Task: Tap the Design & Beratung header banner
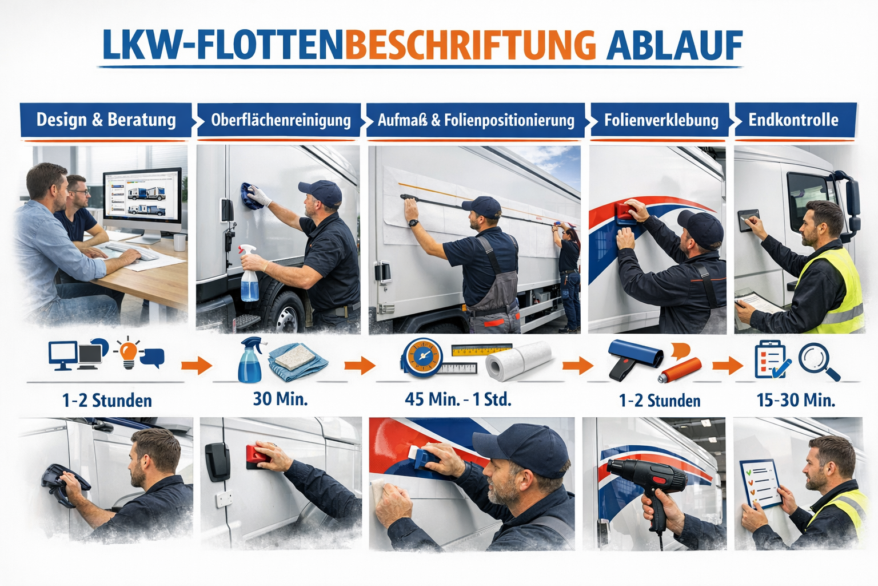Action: (x=106, y=120)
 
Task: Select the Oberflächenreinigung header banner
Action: (x=280, y=120)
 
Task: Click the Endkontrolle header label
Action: (x=793, y=120)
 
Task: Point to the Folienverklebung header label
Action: (x=661, y=120)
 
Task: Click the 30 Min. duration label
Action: (x=280, y=399)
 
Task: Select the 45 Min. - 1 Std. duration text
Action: (x=458, y=399)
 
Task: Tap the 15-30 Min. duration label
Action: (x=796, y=400)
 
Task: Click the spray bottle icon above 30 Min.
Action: (x=250, y=359)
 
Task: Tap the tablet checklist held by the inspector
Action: (x=761, y=484)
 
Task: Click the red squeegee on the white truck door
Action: (x=258, y=454)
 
